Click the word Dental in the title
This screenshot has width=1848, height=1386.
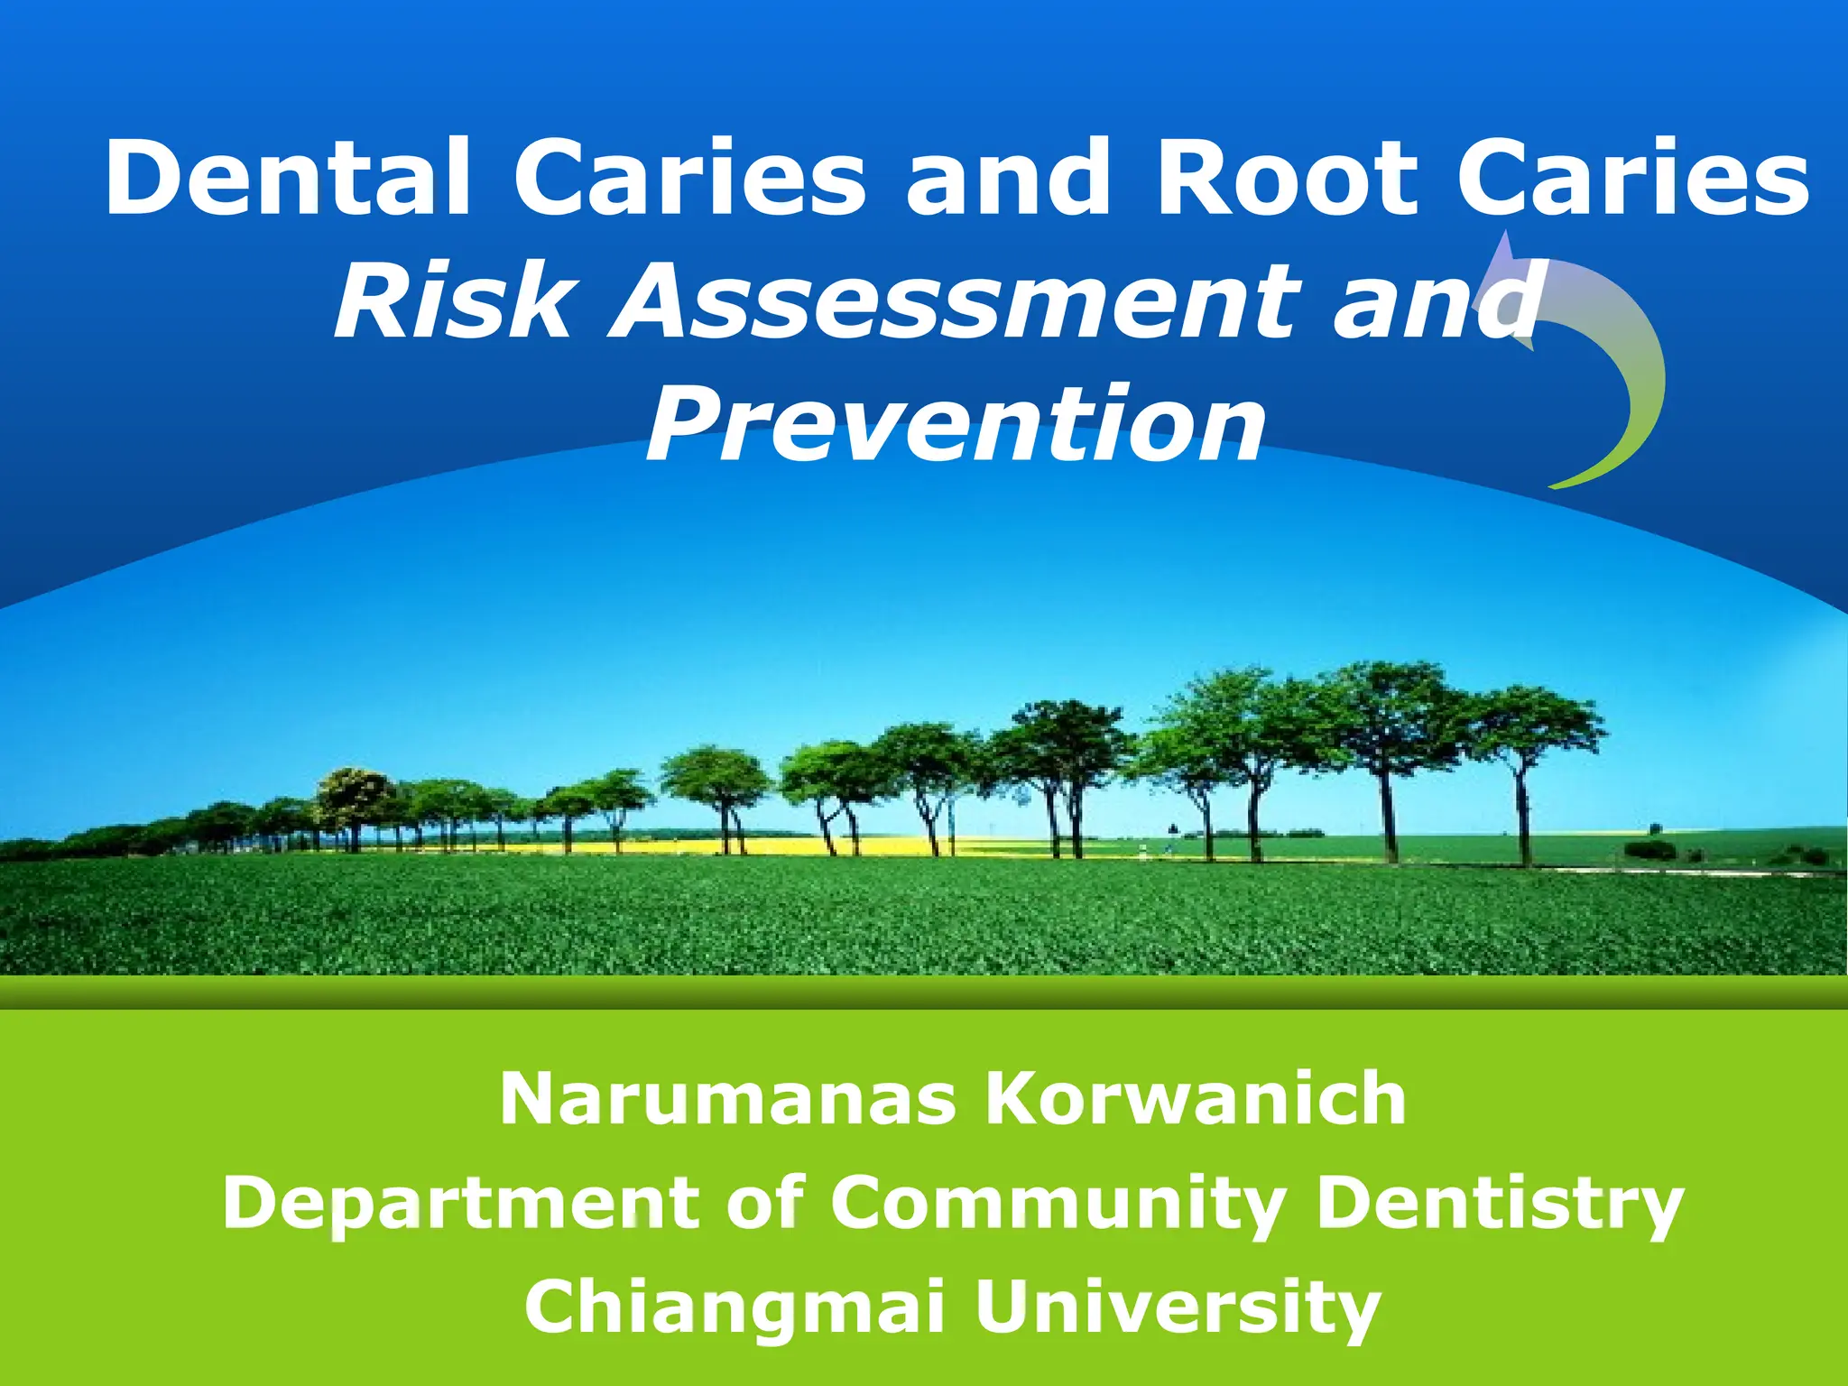point(287,178)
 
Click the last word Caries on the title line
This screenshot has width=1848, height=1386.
point(1633,178)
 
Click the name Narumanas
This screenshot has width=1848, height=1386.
point(727,1099)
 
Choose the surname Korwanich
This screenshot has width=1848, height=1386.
point(1196,1099)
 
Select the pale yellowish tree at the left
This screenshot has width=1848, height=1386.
point(355,794)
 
